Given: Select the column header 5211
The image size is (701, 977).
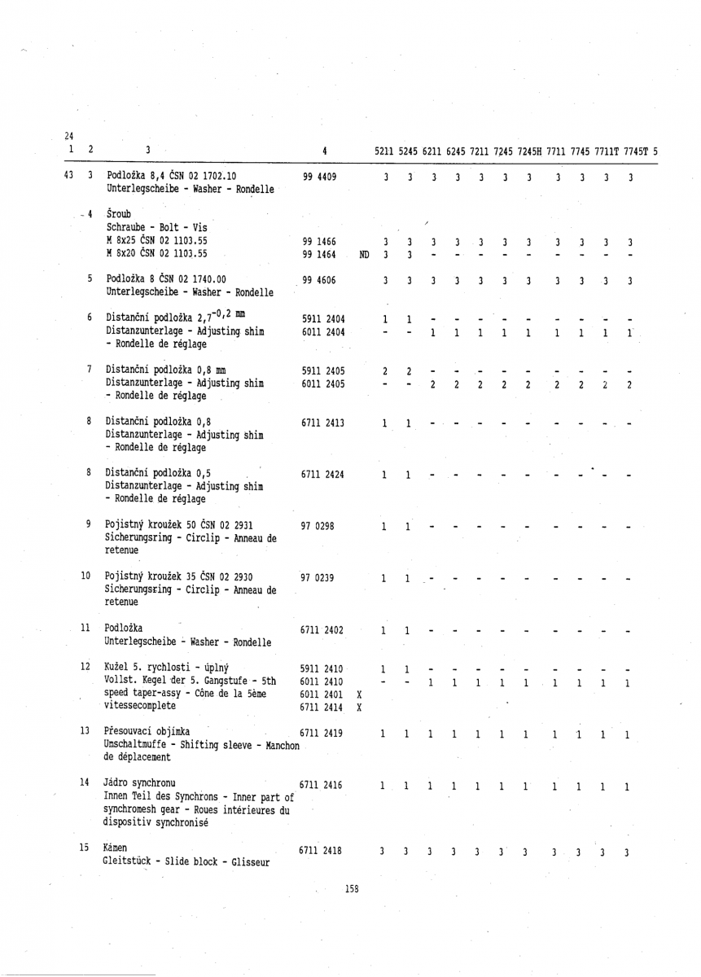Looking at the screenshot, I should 385,150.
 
